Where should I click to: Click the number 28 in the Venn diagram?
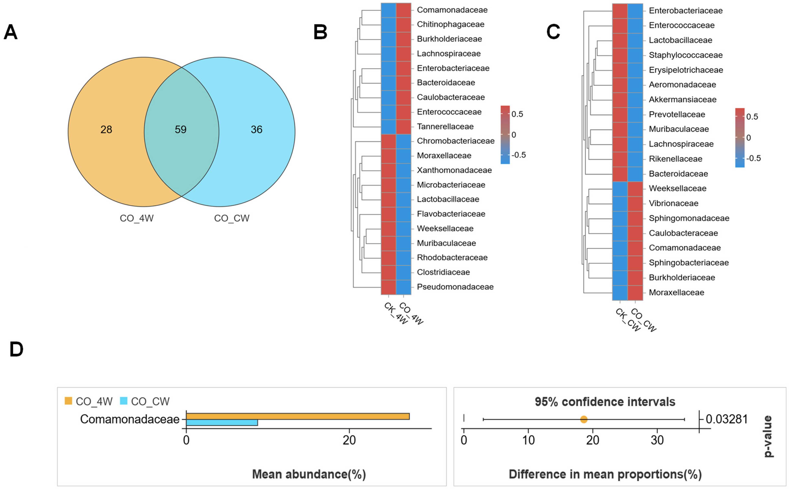coord(106,130)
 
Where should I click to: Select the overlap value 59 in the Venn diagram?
coord(180,130)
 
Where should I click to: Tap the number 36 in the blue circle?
coord(257,130)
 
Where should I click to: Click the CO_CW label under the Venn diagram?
coord(232,218)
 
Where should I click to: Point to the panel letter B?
coord(320,32)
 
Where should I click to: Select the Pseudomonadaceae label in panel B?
coord(455,287)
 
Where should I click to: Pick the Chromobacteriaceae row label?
coord(456,141)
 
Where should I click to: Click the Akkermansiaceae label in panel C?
coord(682,99)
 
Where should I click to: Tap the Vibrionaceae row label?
coord(673,203)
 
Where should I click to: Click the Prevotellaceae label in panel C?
coord(677,114)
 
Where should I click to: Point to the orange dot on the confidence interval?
coord(583,420)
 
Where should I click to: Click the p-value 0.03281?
coord(727,419)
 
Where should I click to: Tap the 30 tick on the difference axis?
coord(657,440)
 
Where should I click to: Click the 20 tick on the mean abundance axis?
coord(349,440)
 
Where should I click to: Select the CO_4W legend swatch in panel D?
coord(68,401)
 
